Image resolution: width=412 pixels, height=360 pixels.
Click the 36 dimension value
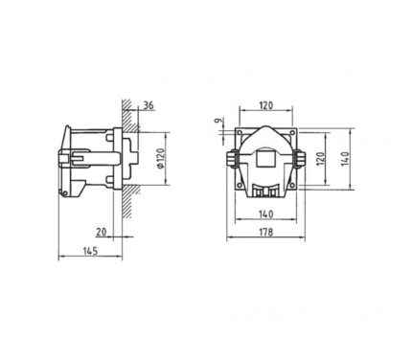(x=149, y=105)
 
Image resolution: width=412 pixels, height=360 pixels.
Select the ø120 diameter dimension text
(x=161, y=158)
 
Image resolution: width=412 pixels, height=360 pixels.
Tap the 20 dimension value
(x=102, y=232)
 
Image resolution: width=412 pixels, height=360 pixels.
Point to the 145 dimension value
(x=90, y=251)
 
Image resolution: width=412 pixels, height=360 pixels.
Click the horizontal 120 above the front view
(x=266, y=105)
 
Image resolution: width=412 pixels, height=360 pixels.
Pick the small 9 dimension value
(x=217, y=121)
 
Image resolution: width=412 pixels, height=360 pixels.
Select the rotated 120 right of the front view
(x=320, y=159)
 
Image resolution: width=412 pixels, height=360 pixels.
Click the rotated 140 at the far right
(x=345, y=159)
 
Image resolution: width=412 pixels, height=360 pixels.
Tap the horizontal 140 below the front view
(x=266, y=214)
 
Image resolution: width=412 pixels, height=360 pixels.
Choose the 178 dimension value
(x=266, y=232)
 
